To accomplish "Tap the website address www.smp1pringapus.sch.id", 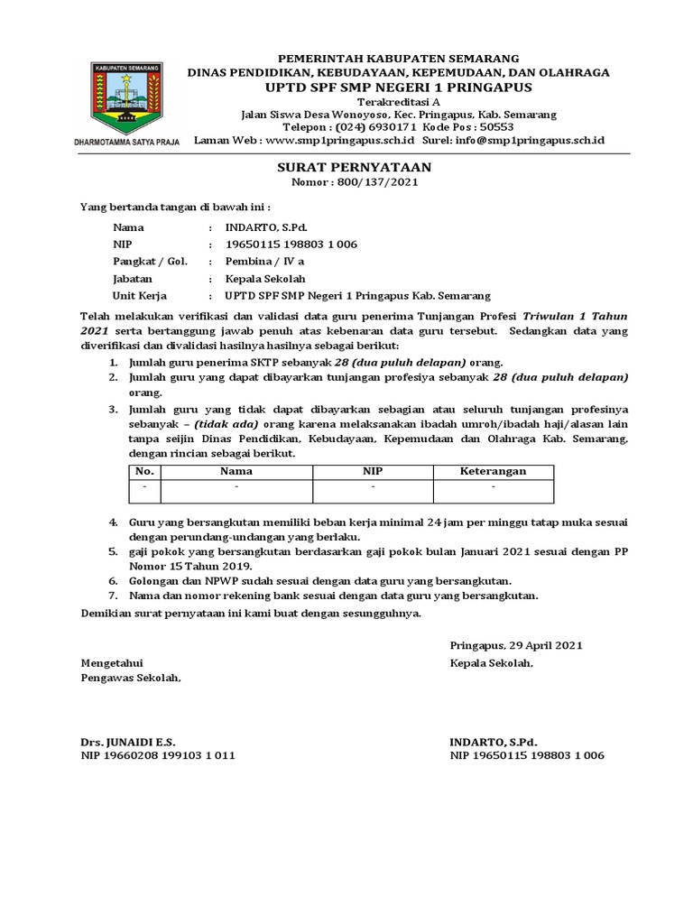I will click(339, 141).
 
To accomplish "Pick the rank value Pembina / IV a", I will click(258, 262).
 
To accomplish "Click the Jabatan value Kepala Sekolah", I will click(266, 279).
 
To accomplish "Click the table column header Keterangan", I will click(493, 471).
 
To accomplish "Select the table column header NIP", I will click(373, 471).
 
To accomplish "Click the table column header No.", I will click(144, 471).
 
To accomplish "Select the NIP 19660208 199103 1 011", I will click(158, 755).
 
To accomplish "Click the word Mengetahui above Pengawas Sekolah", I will click(112, 662).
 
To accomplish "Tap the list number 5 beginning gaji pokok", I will click(113, 550).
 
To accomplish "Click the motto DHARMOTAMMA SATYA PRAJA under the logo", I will click(126, 142).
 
